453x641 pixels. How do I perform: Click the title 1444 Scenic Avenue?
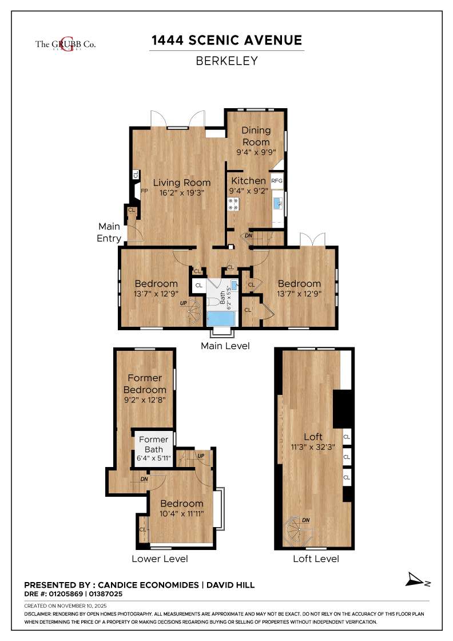click(227, 40)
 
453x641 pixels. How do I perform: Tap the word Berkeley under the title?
click(227, 61)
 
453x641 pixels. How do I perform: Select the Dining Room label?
click(256, 136)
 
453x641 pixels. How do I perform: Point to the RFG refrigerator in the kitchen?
click(277, 181)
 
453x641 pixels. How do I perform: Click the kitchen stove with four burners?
click(233, 204)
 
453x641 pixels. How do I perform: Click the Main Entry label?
click(109, 232)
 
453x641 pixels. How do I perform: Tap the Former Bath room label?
click(153, 445)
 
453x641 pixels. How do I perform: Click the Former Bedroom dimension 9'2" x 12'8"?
click(145, 400)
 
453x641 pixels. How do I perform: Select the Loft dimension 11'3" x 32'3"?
click(313, 448)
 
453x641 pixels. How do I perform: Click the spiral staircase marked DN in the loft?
click(299, 531)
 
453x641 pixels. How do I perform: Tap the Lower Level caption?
click(160, 559)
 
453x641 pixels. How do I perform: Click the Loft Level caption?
click(316, 559)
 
